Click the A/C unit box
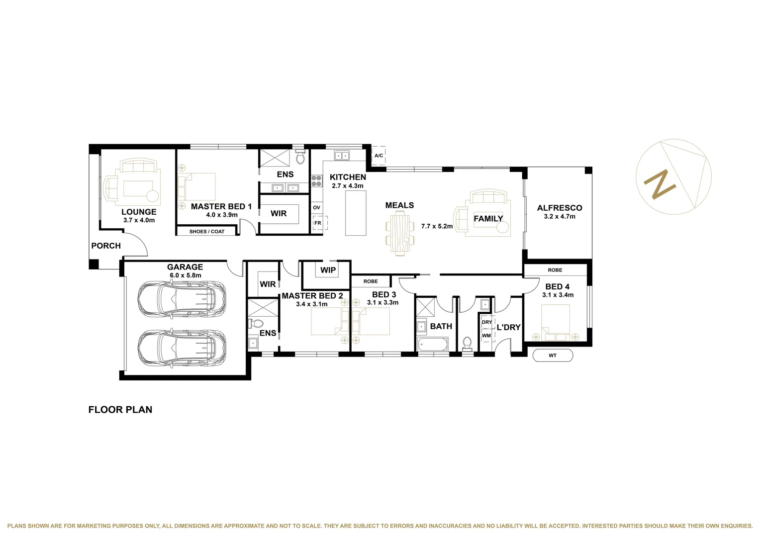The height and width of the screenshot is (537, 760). coord(379,156)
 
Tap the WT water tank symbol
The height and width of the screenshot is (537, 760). coord(553,356)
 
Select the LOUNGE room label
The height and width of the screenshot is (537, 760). coord(139,212)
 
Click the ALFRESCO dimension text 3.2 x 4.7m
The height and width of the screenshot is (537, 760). coord(560,217)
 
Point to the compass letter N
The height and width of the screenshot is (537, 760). coord(660,184)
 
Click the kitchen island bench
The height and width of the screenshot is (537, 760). coord(356,213)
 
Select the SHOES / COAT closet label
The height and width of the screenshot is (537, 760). coord(206,232)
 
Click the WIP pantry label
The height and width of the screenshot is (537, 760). coord(328,270)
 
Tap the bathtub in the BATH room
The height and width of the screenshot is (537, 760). coord(433,344)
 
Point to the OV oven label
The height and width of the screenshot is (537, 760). coord(316,207)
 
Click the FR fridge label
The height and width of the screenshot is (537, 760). coord(317,223)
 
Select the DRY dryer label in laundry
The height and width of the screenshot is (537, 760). coord(486,322)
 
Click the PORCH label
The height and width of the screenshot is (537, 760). coord(106,246)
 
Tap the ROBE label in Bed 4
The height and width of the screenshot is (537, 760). coord(555,270)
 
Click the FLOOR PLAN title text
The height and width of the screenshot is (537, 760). coord(120,410)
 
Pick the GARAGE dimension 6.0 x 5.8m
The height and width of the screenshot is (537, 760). coord(185,275)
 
